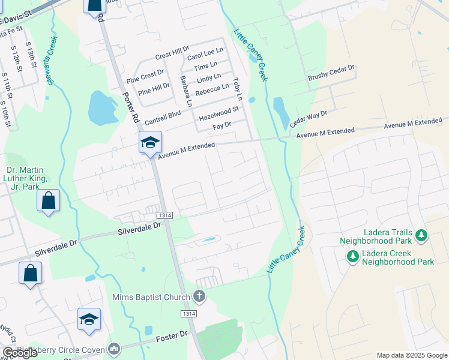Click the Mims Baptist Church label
[151, 297]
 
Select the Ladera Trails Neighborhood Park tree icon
[422, 234]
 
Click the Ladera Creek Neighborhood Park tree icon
[353, 256]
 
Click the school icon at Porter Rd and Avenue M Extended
[150, 142]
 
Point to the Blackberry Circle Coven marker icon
[114, 348]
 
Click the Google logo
[20, 353]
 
